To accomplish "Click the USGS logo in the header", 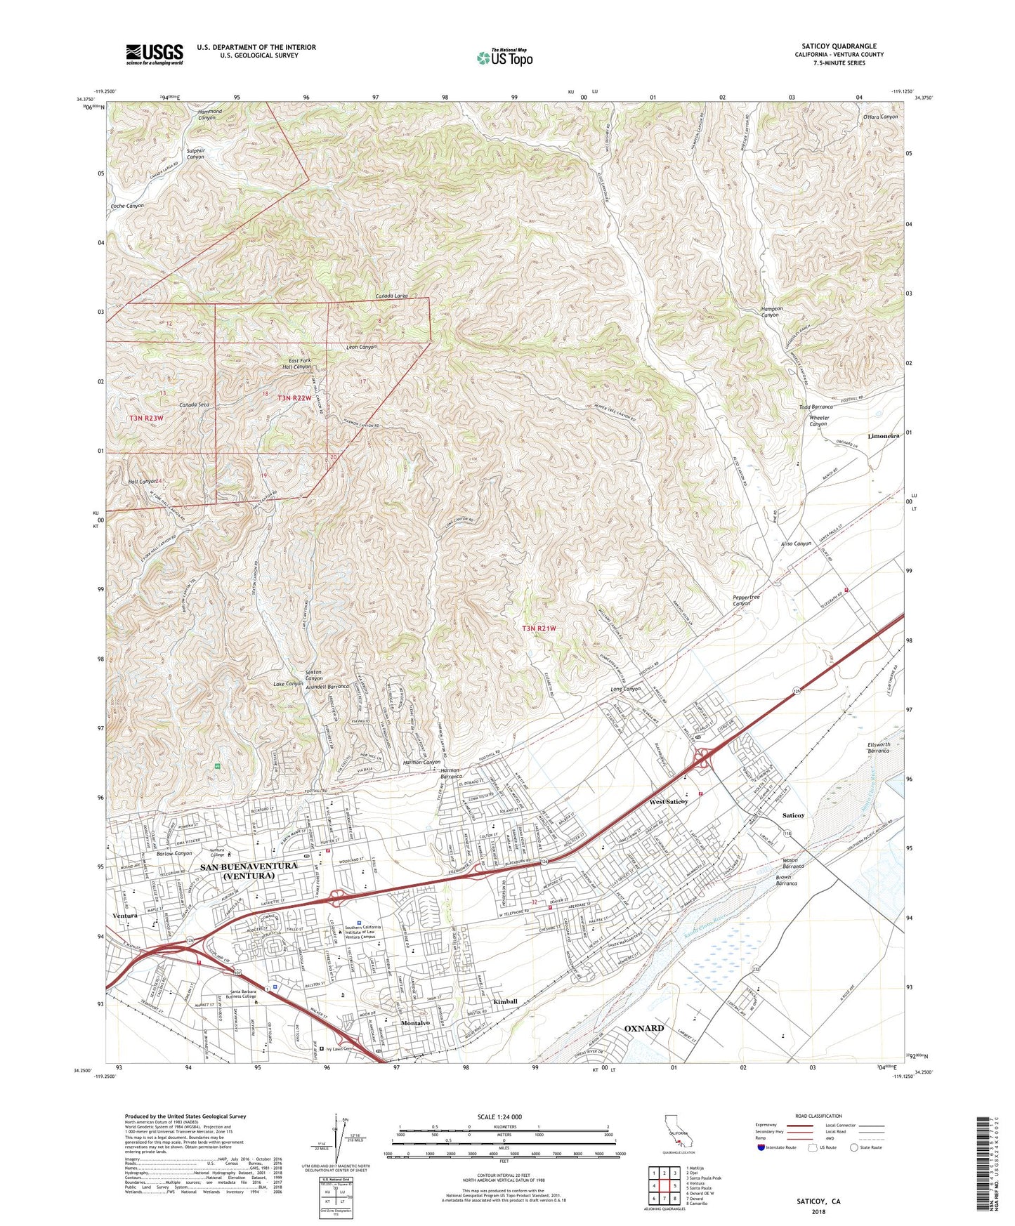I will coord(155,54).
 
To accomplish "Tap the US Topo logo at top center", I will coord(504,58).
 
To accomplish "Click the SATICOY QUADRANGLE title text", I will coord(839,46).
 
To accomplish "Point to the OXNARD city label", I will coord(643,1029).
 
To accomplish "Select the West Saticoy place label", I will coord(668,801).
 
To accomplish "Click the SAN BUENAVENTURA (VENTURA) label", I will coord(249,871).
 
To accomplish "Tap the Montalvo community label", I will coord(415,1023).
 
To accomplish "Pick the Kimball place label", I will coord(505,1001).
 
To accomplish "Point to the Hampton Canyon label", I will coord(771,312).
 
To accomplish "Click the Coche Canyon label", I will coord(127,206).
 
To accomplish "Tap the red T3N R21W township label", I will coord(539,628).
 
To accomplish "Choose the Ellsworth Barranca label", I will coord(878,747).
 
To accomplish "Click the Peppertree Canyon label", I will coord(746,600).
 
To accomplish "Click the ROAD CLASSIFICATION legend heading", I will coord(818,1116).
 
